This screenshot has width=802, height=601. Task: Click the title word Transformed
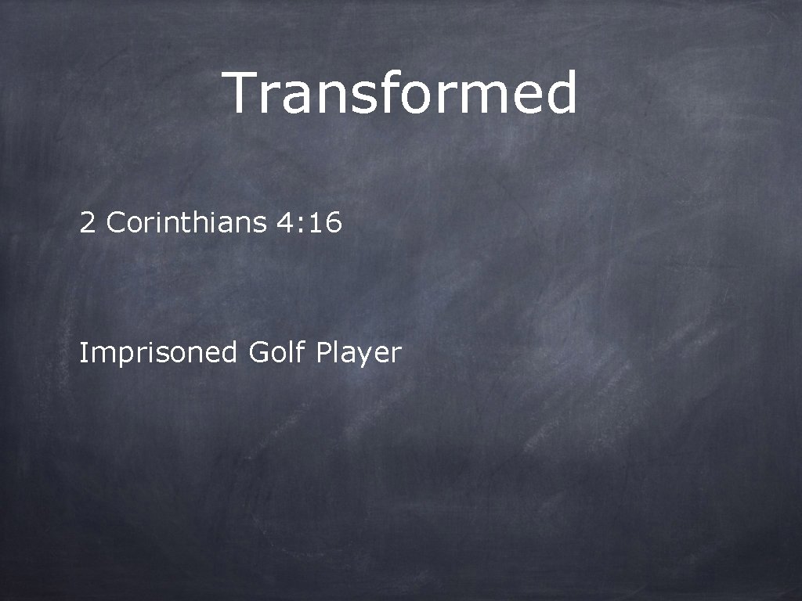pos(401,93)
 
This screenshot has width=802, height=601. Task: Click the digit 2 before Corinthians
pos(87,224)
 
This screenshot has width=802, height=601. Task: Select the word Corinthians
pos(186,224)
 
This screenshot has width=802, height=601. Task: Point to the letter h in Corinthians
pos(205,224)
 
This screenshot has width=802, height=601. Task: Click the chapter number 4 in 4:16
pos(284,224)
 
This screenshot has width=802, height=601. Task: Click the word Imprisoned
pos(157,354)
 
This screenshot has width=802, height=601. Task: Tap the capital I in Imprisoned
pos(82,353)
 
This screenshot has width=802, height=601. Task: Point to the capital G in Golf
pos(258,353)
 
